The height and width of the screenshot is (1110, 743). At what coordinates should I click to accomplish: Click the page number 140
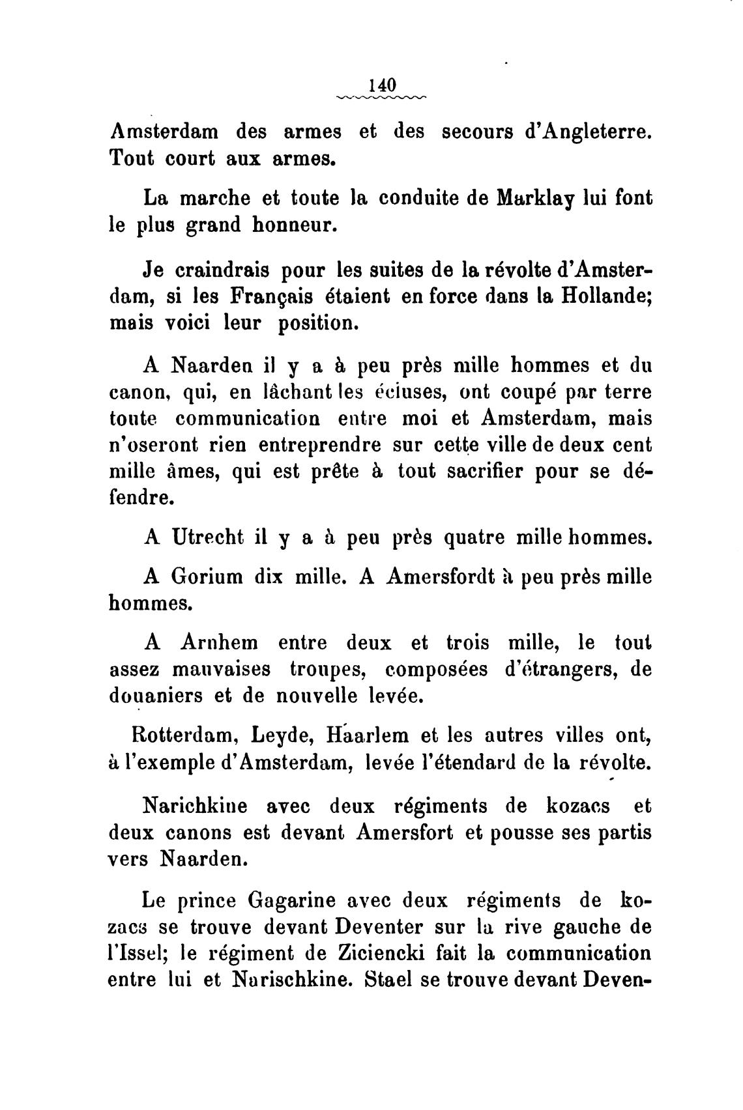pyautogui.click(x=382, y=85)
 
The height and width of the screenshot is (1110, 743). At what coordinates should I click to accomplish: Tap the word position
pyautogui.click(x=318, y=324)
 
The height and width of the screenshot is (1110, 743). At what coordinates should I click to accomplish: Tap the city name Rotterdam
pyautogui.click(x=180, y=735)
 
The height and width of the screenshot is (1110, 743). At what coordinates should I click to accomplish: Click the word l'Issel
pyautogui.click(x=134, y=954)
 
